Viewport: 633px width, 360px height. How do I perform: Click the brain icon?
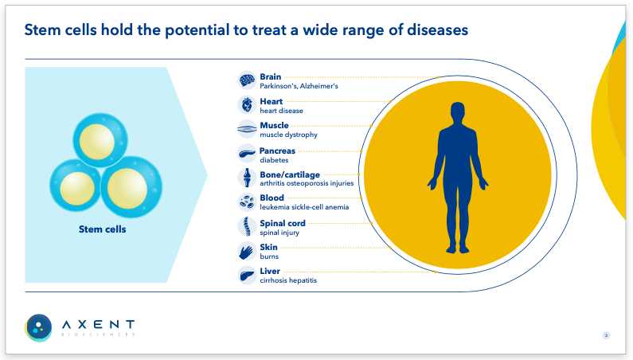click(247, 80)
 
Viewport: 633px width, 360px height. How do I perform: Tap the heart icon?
click(247, 104)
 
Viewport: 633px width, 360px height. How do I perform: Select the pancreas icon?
click(247, 154)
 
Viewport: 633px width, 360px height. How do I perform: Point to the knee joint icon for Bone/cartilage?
click(247, 178)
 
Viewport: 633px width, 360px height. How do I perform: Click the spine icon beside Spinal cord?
click(247, 227)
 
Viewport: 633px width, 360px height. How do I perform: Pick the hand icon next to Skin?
click(247, 252)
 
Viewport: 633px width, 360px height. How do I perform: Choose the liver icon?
click(247, 276)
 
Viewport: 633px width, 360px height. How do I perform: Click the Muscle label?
click(274, 126)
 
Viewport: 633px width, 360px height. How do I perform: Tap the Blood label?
click(272, 198)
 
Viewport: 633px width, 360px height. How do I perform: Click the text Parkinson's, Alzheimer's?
click(299, 86)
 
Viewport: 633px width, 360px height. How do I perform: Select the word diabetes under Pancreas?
click(274, 160)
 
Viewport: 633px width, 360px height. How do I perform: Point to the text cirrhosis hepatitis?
click(288, 280)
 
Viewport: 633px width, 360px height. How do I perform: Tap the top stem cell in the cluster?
click(100, 140)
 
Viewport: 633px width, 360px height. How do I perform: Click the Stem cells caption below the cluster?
click(102, 229)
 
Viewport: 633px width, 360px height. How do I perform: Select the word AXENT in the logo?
click(98, 324)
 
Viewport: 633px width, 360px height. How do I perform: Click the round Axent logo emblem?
click(38, 327)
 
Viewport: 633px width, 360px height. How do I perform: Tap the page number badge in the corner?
click(606, 335)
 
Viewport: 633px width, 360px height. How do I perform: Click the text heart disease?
click(281, 111)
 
